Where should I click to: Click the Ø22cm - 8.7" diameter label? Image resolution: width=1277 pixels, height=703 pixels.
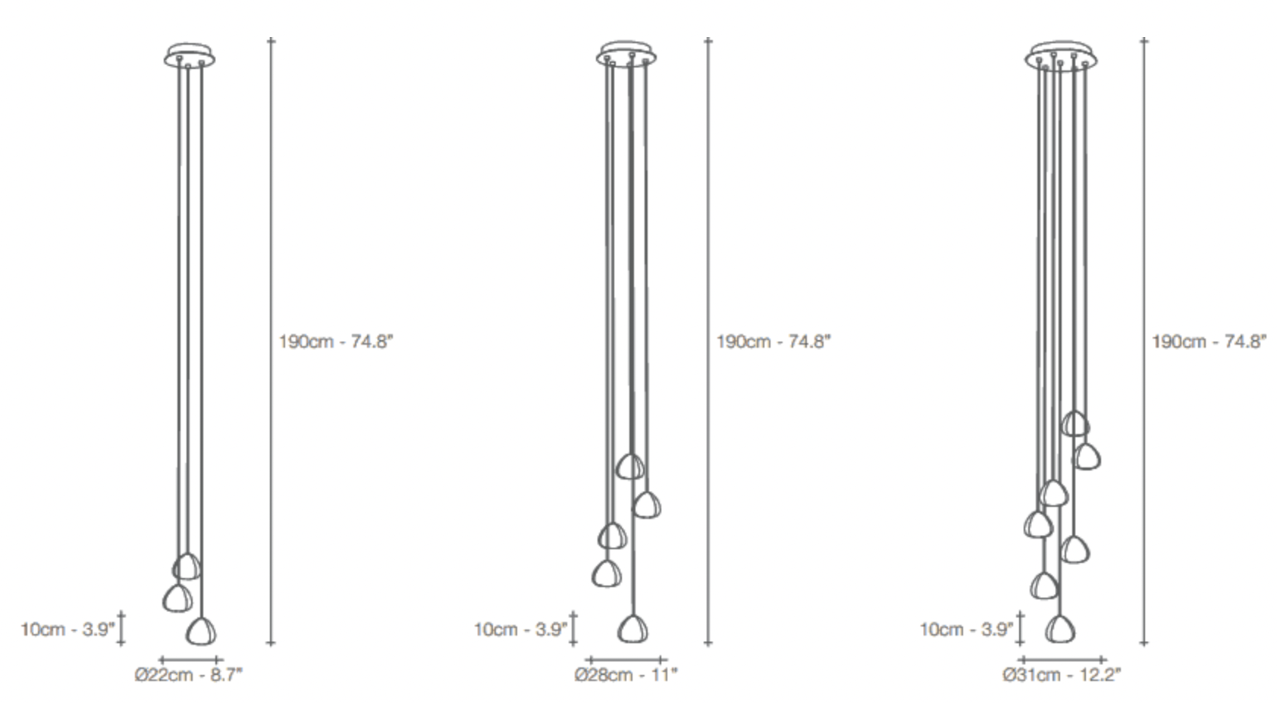(x=189, y=675)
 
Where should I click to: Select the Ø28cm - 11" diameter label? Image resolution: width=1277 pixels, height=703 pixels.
(x=626, y=675)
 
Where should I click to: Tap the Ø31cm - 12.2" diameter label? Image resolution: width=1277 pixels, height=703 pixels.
(x=1062, y=675)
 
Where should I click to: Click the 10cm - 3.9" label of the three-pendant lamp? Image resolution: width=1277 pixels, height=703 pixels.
(x=67, y=630)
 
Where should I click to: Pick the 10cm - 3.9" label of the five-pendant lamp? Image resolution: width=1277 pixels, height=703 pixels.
(x=521, y=630)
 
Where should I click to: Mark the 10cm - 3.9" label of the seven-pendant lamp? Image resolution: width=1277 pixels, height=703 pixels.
(x=967, y=630)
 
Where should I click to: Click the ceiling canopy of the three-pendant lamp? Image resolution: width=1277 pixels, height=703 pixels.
(x=190, y=55)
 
